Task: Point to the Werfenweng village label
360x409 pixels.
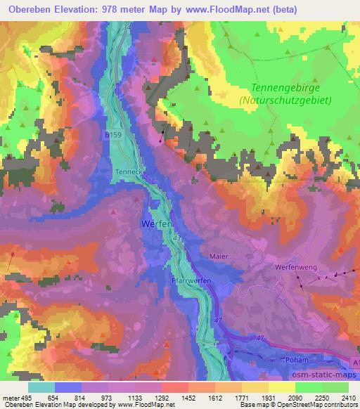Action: tap(294, 267)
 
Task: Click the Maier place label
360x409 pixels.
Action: tap(219, 257)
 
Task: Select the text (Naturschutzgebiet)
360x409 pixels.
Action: tap(286, 100)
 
